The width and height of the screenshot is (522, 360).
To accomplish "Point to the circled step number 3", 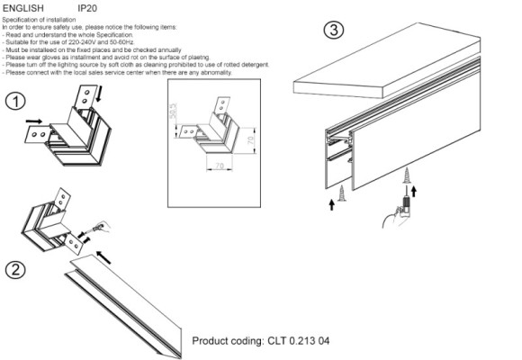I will click(334, 30).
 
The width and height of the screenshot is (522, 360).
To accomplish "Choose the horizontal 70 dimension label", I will click(220, 167).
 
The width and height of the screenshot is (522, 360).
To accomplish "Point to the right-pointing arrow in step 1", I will click(33, 119).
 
